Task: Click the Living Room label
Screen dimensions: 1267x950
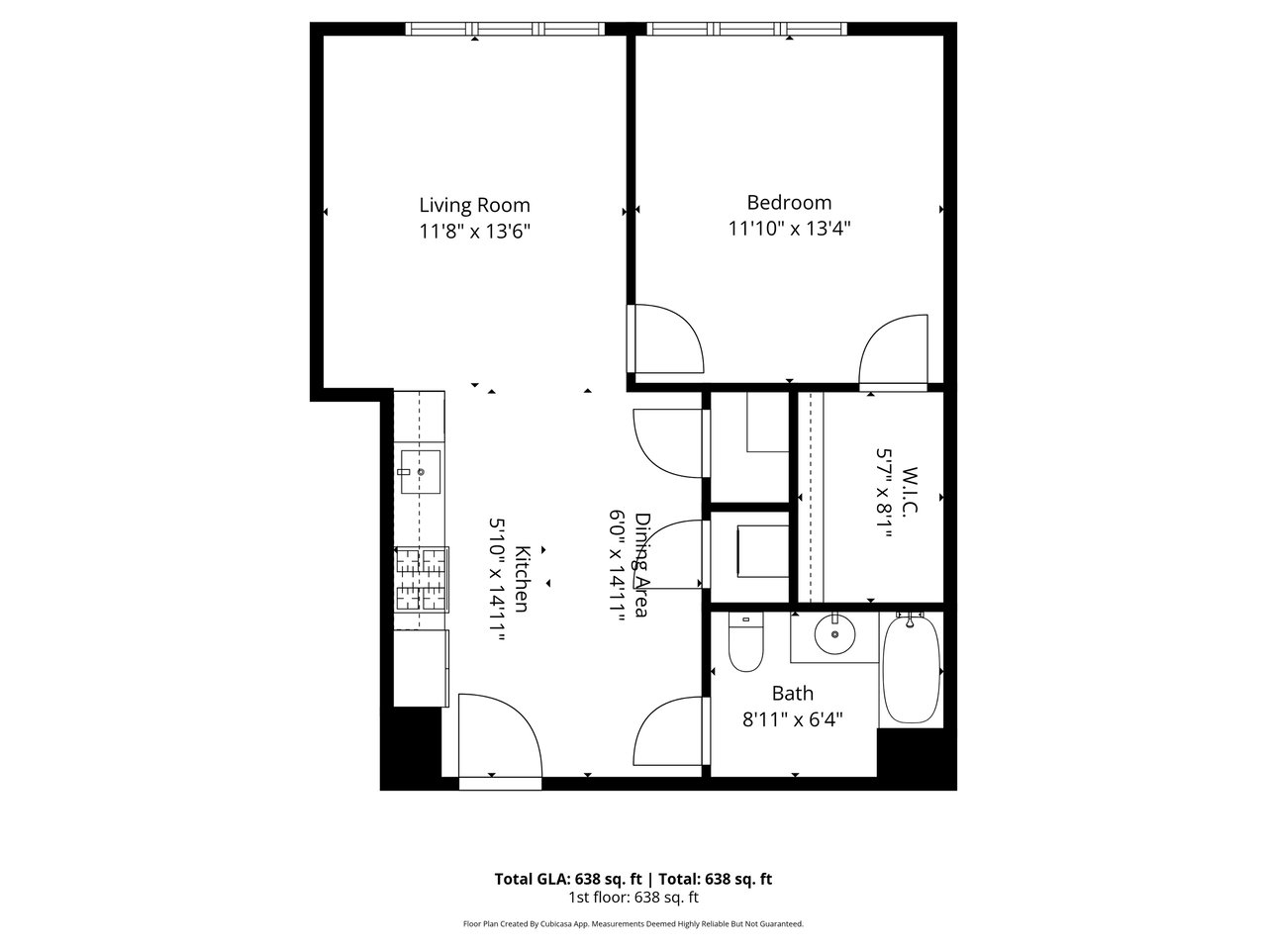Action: [x=474, y=205]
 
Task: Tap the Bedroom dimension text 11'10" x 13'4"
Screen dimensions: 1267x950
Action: [x=789, y=229]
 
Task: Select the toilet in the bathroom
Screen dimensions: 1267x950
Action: [x=745, y=642]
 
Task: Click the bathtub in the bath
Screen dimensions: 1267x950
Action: [x=911, y=669]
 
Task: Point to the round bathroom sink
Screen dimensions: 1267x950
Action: [x=834, y=634]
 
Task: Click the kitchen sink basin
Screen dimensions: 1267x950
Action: [x=421, y=472]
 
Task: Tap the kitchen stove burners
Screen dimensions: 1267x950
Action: [x=422, y=579]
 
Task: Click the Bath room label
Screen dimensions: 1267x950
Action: [x=793, y=694]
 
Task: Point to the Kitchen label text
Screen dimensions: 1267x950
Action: [x=522, y=579]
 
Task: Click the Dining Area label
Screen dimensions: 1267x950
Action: [x=641, y=565]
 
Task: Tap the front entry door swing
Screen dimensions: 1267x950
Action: [x=500, y=736]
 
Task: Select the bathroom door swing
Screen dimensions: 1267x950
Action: [x=669, y=731]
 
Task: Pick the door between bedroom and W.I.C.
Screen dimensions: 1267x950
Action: [x=894, y=350]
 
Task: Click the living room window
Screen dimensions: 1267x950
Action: [x=505, y=29]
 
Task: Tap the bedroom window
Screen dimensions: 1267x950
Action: [x=747, y=29]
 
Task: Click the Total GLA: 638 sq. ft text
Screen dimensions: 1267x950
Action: [x=568, y=879]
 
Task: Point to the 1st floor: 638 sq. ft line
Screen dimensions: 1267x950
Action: [x=633, y=897]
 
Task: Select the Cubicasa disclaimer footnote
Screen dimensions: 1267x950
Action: [x=633, y=924]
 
